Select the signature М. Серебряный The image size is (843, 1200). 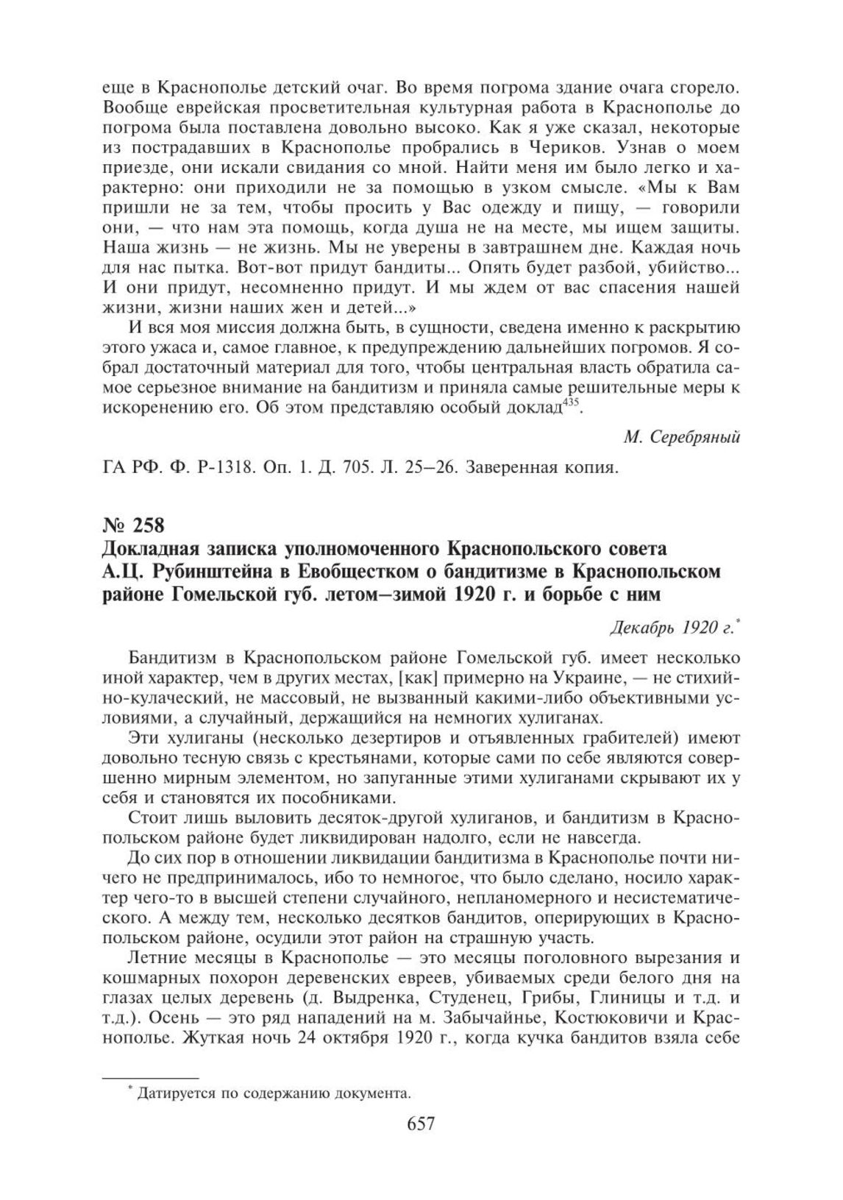point(681,437)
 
